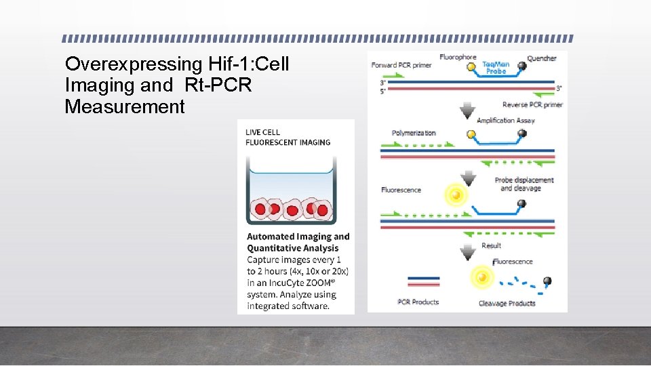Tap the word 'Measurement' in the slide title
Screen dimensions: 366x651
click(x=125, y=106)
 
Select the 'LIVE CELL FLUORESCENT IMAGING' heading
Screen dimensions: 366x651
click(x=288, y=137)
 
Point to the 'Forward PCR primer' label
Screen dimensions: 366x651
click(x=401, y=65)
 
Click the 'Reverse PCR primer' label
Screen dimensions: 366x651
click(x=532, y=104)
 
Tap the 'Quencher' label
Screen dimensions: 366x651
click(x=542, y=58)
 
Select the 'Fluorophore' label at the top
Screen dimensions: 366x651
click(x=458, y=57)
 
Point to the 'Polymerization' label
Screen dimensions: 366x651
click(x=414, y=133)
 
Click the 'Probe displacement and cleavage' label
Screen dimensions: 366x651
click(x=524, y=184)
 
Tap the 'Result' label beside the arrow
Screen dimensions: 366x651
click(x=491, y=245)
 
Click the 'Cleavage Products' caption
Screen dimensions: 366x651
click(x=507, y=303)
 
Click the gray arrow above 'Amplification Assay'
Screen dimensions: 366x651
click(x=467, y=110)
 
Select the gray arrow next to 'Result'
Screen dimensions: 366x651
click(x=467, y=252)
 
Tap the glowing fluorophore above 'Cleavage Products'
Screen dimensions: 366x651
click(x=482, y=278)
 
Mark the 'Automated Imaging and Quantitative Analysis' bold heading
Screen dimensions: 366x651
click(x=298, y=242)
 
